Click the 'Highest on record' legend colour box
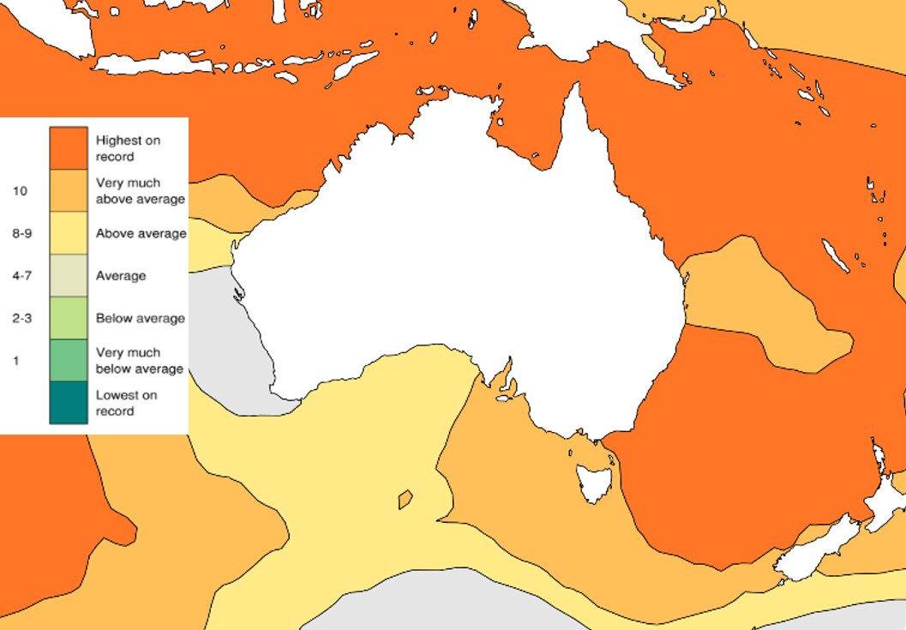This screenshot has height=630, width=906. pyautogui.click(x=69, y=147)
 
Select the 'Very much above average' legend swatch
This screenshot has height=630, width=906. pyautogui.click(x=69, y=190)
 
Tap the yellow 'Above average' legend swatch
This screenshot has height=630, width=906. pyautogui.click(x=69, y=233)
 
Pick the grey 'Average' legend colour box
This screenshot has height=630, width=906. pyautogui.click(x=69, y=275)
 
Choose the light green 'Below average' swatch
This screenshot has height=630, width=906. pyautogui.click(x=69, y=318)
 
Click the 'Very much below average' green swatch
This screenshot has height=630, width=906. pyautogui.click(x=69, y=360)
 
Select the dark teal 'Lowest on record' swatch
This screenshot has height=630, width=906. pyautogui.click(x=69, y=402)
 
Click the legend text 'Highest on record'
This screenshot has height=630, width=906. pyautogui.click(x=128, y=148)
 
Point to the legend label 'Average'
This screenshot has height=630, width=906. pyautogui.click(x=121, y=276)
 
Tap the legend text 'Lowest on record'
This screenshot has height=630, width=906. pyautogui.click(x=126, y=403)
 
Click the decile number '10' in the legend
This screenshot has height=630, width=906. pyautogui.click(x=20, y=191)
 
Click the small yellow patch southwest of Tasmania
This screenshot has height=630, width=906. pyautogui.click(x=405, y=498)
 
